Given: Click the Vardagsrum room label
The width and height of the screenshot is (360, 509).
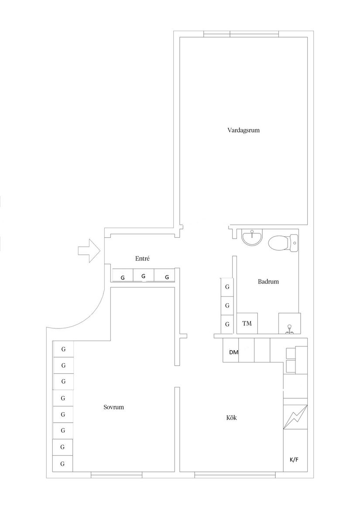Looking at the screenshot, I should [x=240, y=130].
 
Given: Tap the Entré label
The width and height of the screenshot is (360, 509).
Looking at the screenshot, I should [x=142, y=259].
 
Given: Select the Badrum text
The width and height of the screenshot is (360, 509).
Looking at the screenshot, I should [x=268, y=282].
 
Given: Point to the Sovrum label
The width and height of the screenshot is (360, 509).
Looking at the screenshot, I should [x=114, y=407].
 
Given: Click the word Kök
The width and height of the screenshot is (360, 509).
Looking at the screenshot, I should [x=231, y=417].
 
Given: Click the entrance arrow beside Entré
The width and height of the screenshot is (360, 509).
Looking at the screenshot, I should [x=89, y=251].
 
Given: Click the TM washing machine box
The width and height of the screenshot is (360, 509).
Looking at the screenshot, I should [x=247, y=324].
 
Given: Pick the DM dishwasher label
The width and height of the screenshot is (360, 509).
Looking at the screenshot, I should [x=233, y=352].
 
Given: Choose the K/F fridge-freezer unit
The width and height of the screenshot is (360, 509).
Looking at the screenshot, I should [x=294, y=460].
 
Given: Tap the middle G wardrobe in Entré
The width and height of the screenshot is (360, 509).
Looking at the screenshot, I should [x=143, y=276].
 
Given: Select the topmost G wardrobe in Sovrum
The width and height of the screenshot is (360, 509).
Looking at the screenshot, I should [x=63, y=349].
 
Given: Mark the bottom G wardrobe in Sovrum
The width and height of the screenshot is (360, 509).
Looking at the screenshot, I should [x=63, y=464].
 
